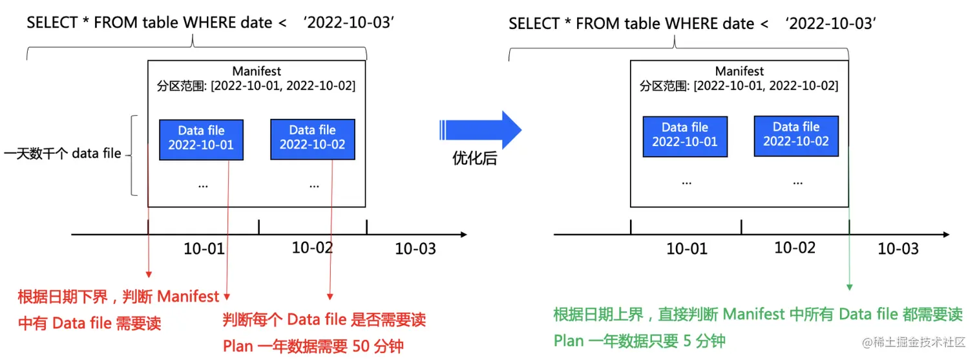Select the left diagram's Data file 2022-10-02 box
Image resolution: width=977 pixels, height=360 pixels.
pyautogui.click(x=312, y=138)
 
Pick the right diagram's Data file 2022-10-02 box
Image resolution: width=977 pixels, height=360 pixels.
pyautogui.click(x=796, y=134)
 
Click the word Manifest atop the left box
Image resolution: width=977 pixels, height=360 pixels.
pyautogui.click(x=257, y=71)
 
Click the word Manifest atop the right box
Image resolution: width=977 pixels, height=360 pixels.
pyautogui.click(x=740, y=71)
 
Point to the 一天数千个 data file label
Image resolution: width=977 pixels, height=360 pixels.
pyautogui.click(x=63, y=154)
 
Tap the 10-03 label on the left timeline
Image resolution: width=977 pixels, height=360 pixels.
pyautogui.click(x=415, y=249)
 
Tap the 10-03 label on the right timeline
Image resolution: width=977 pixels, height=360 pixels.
pyautogui.click(x=898, y=249)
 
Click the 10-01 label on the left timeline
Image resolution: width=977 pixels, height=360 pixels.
pyautogui.click(x=204, y=249)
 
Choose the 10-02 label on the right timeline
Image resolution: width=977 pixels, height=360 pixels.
pyautogui.click(x=795, y=248)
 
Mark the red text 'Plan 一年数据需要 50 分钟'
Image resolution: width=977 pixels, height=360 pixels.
pyautogui.click(x=313, y=346)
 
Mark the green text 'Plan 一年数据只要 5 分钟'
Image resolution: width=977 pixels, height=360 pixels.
pyautogui.click(x=640, y=341)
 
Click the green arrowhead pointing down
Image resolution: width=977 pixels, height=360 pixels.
pyautogui.click(x=850, y=286)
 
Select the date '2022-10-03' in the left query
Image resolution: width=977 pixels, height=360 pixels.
pyautogui.click(x=349, y=23)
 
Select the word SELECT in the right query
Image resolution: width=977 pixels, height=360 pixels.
pyautogui.click(x=534, y=24)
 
